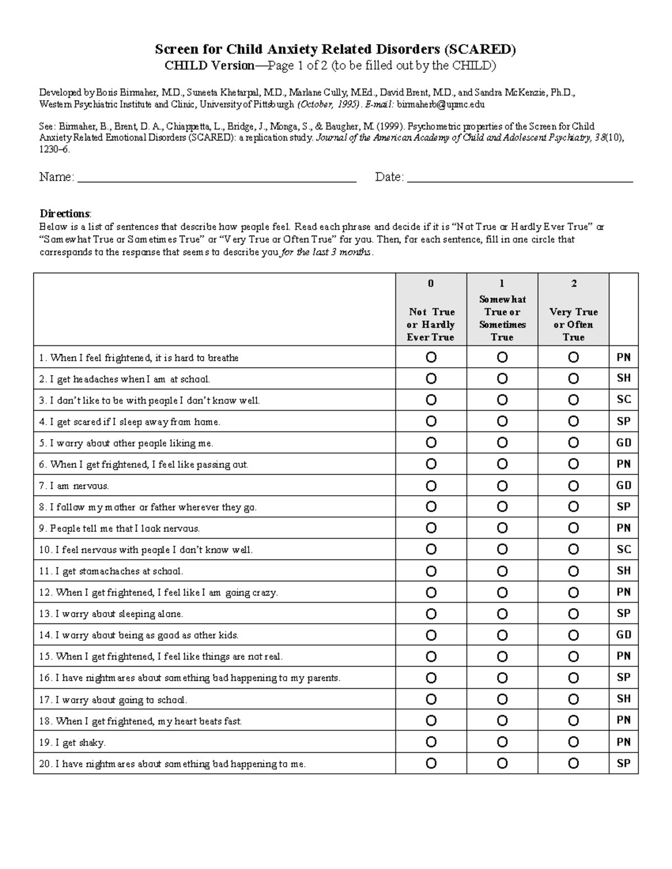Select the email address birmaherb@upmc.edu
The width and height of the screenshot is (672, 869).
441,105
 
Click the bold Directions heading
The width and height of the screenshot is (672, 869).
64,214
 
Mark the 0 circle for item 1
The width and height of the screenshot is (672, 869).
431,357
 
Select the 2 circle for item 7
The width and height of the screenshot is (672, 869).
573,486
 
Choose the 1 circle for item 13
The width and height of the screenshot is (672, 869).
502,614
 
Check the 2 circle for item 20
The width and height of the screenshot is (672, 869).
573,763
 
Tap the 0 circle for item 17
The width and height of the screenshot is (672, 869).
431,699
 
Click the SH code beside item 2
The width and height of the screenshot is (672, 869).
623,378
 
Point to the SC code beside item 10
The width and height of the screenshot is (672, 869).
623,549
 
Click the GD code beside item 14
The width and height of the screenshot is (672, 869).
623,635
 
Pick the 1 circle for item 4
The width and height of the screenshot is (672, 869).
502,421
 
